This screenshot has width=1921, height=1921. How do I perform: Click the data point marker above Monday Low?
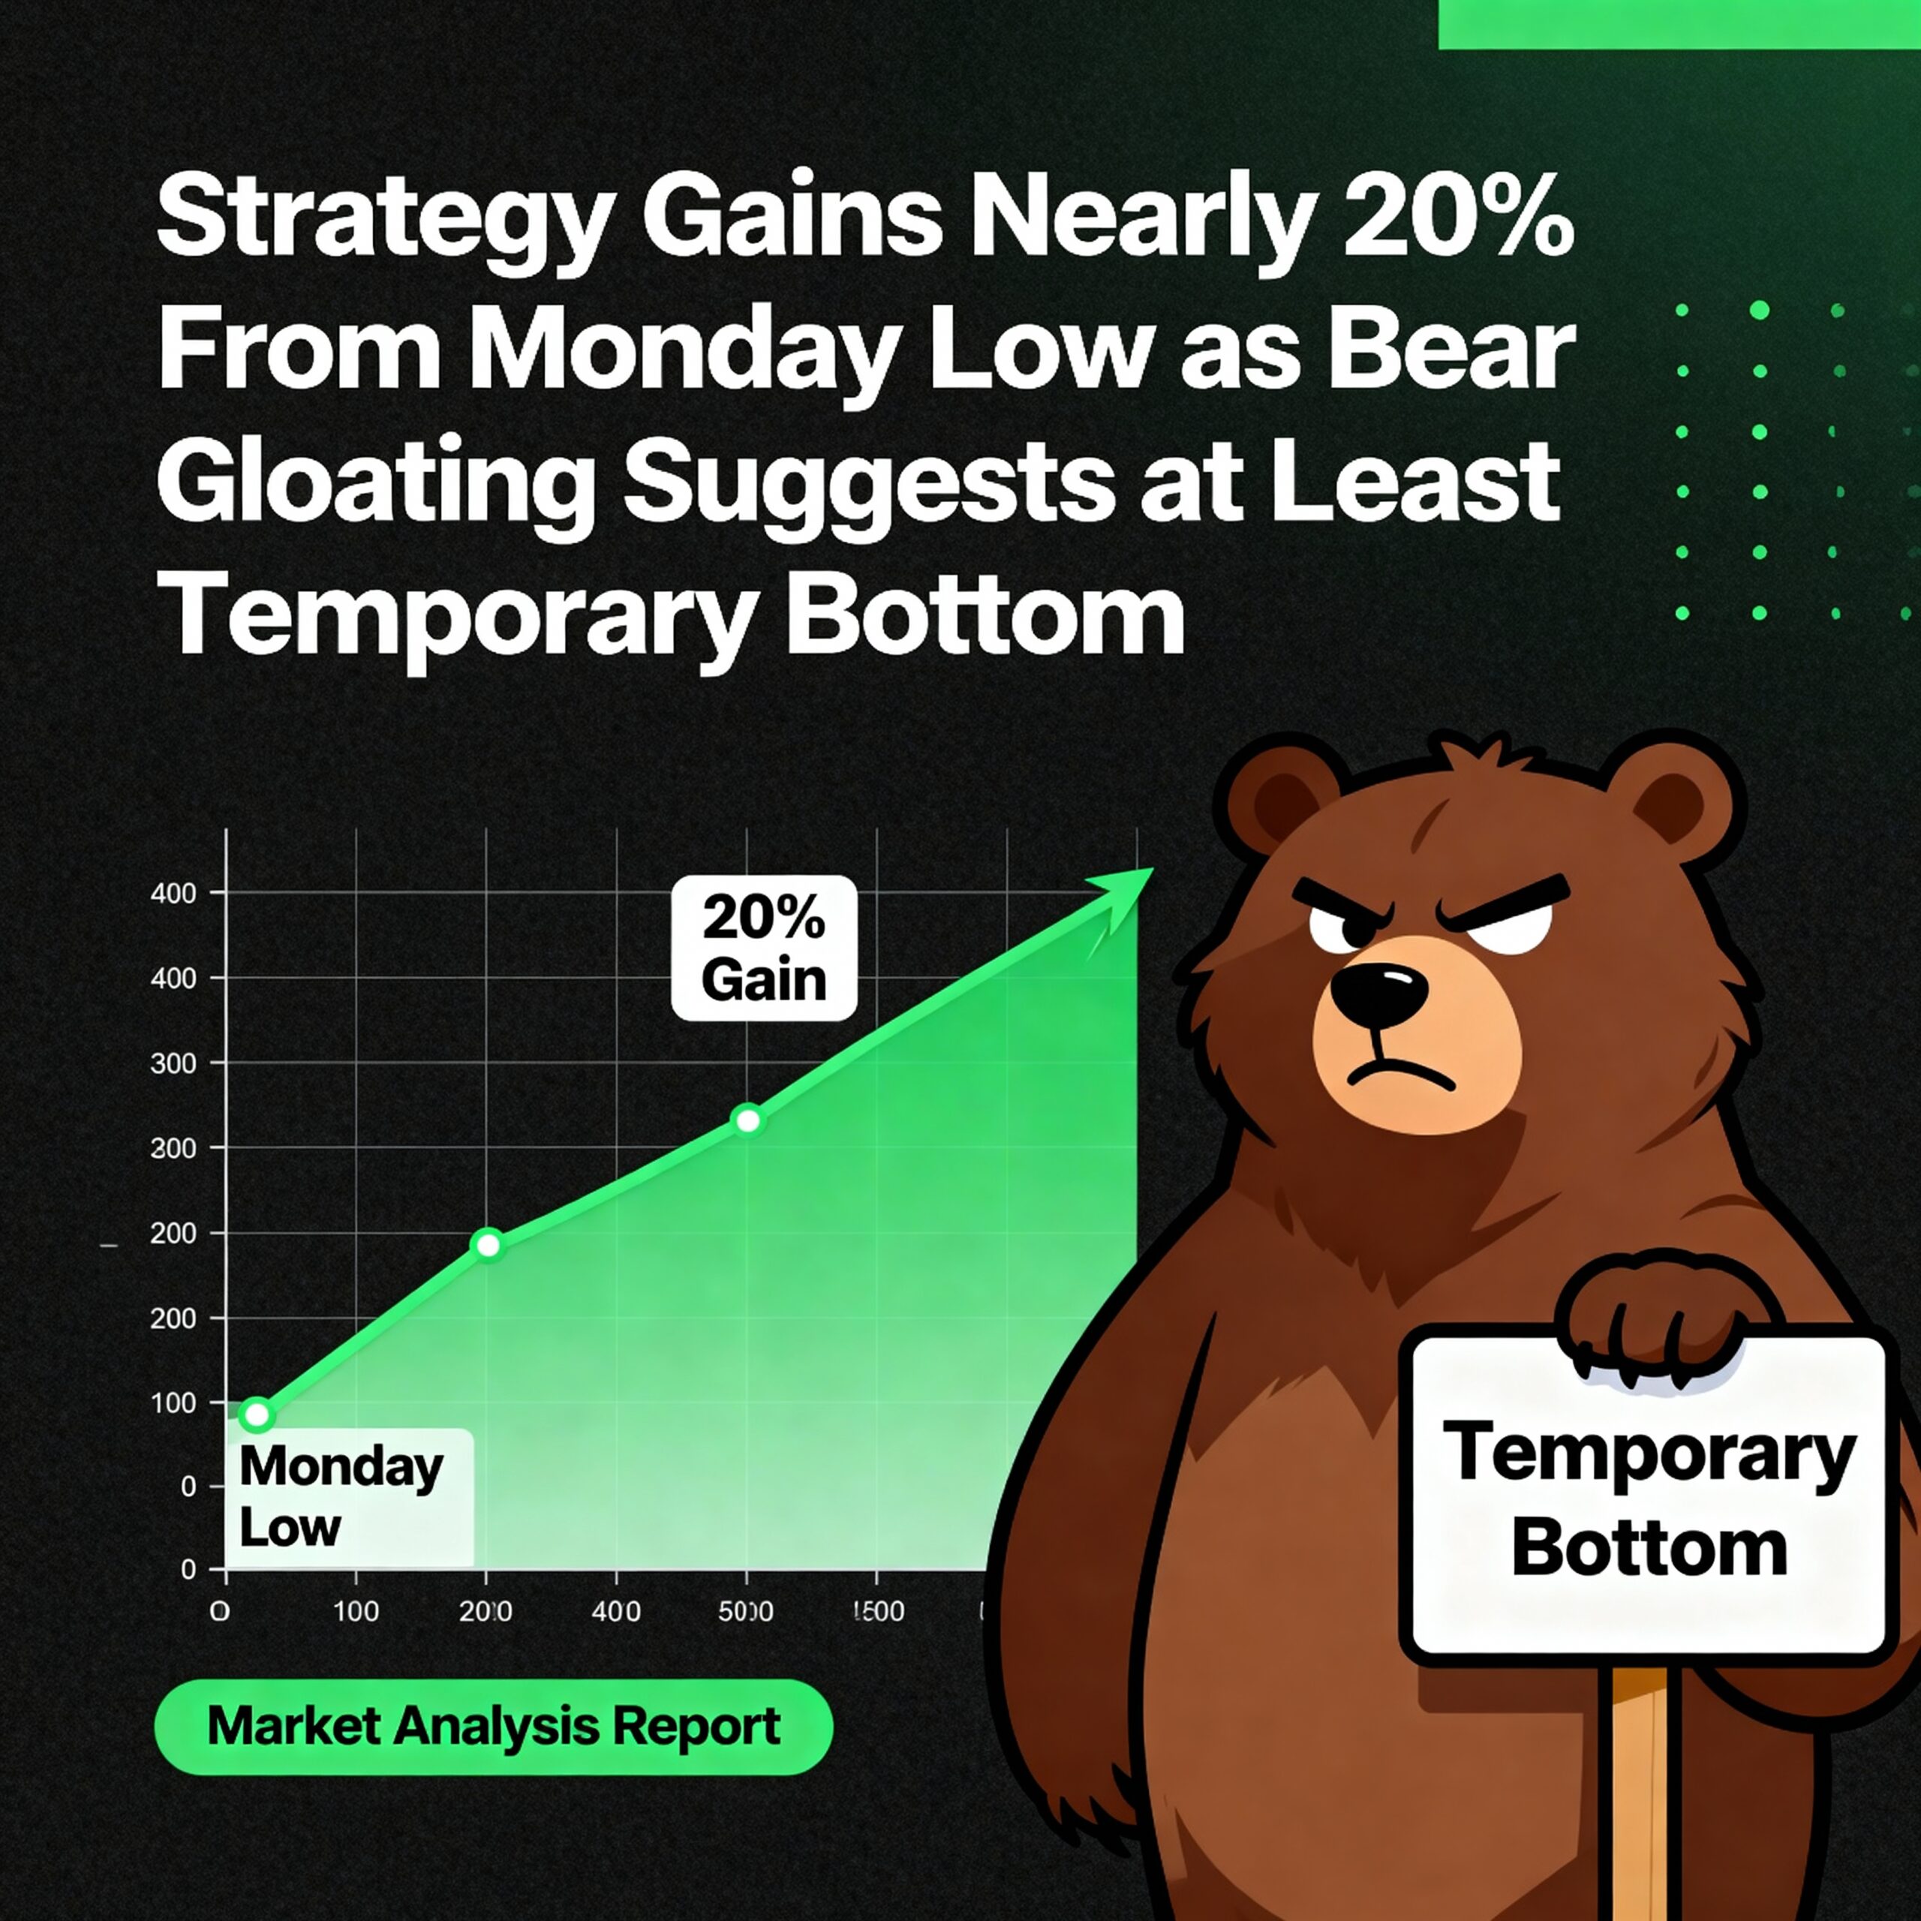tap(257, 1414)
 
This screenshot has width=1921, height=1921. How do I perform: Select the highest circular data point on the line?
tap(747, 1120)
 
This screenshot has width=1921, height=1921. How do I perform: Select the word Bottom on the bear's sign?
tap(1649, 1549)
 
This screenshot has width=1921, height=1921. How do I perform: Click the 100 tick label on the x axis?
tap(355, 1611)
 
